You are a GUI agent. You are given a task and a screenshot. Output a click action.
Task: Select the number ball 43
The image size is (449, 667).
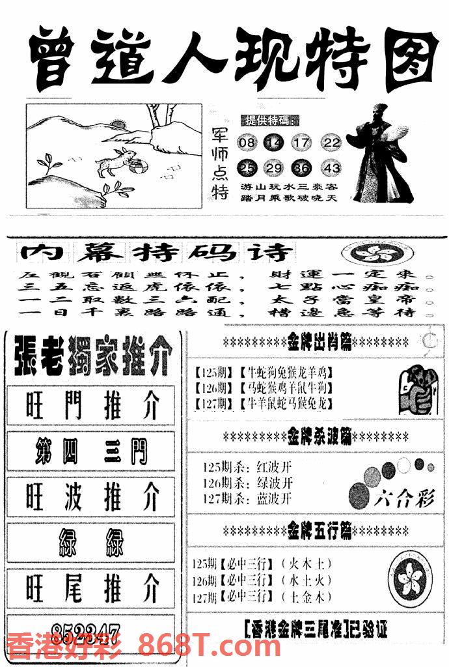pyautogui.click(x=331, y=168)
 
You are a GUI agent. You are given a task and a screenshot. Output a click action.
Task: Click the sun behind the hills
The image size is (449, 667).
pyautogui.click(x=118, y=124)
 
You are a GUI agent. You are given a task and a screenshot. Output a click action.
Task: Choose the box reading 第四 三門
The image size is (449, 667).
pyautogui.click(x=90, y=451)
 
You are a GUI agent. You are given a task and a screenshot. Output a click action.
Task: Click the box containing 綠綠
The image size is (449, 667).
pyautogui.click(x=90, y=542)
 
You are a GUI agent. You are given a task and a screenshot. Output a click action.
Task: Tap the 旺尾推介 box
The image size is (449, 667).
pyautogui.click(x=90, y=589)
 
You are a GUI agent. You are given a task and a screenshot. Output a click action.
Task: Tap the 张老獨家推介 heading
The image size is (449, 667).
pyautogui.click(x=91, y=357)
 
